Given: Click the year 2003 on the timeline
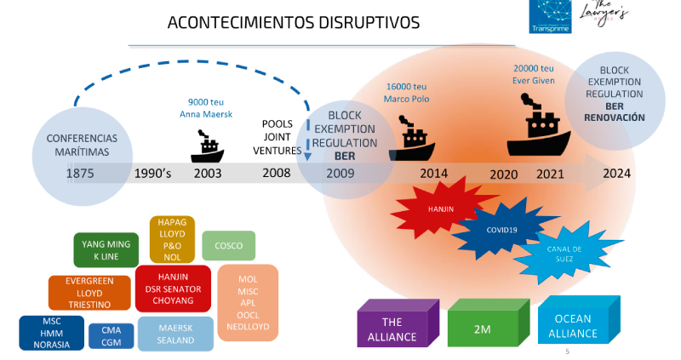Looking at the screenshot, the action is (208, 174).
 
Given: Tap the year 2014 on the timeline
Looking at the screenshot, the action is (433, 174).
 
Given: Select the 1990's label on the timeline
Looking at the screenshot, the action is (152, 174).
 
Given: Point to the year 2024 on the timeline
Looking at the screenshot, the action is (616, 174).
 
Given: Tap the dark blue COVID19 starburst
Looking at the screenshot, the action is (502, 229).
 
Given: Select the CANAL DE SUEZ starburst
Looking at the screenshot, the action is (564, 254).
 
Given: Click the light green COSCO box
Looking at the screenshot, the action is (228, 246).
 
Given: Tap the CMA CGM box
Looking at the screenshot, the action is (112, 336).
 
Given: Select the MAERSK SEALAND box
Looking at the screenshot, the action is (175, 334).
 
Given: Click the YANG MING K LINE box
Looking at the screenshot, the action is (106, 250).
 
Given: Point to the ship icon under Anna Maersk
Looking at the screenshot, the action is (207, 146).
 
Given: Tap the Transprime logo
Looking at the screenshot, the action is (550, 16).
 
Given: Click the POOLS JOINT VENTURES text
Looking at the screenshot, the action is (278, 137).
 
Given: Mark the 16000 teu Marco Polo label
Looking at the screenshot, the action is (407, 93).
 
